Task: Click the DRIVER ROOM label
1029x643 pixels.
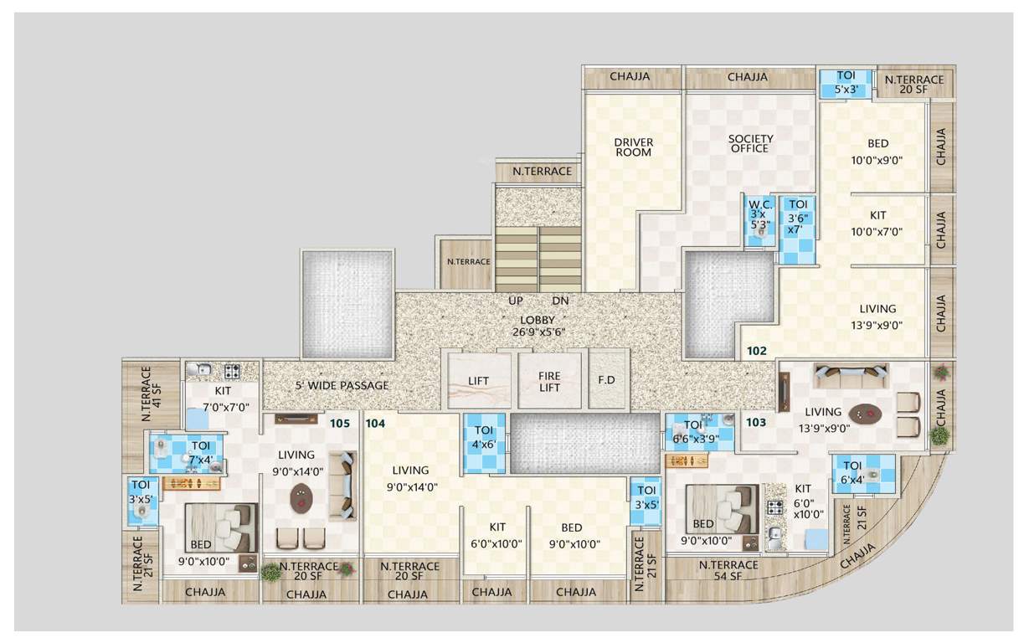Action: [x=633, y=147]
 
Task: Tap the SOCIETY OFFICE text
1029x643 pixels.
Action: [x=749, y=143]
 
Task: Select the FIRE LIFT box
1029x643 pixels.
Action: [x=549, y=381]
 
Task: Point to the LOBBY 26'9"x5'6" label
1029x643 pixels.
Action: [x=537, y=326]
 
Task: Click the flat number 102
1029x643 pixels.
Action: [x=756, y=352]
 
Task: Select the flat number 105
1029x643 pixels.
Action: [x=339, y=423]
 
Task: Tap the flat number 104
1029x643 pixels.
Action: [x=374, y=424]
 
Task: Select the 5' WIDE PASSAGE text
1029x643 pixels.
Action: [x=342, y=386]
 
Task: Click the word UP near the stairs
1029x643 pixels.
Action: [x=516, y=301]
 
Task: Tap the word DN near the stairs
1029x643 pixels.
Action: [x=560, y=301]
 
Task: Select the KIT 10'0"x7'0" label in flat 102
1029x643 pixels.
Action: [x=877, y=224]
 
